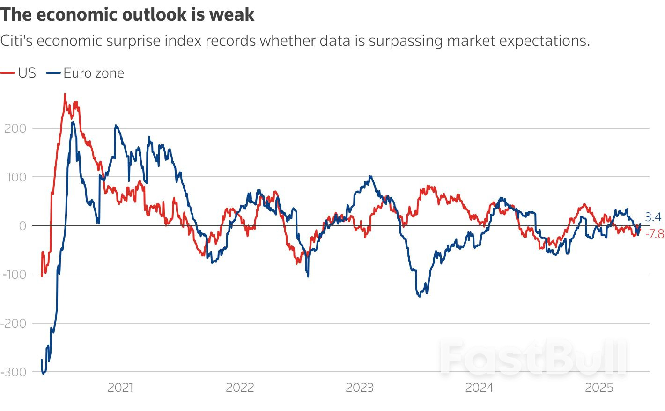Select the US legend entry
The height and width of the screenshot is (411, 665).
click(19, 73)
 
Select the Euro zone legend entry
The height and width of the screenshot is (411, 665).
click(86, 73)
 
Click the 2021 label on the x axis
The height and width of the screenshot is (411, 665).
click(120, 388)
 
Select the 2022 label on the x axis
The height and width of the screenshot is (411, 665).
click(240, 388)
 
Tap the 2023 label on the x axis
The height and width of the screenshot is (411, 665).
click(359, 388)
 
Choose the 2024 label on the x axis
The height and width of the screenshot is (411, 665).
click(479, 388)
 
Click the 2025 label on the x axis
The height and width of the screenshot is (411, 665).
click(599, 388)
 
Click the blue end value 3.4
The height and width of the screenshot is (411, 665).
click(653, 217)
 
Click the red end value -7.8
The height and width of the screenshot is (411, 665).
click(654, 234)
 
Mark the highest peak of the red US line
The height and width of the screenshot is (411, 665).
click(65, 94)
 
